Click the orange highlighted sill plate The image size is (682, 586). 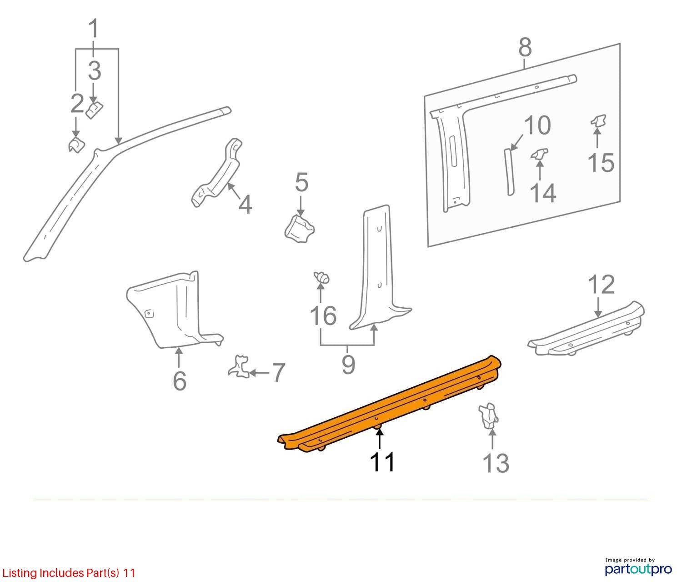pyautogui.click(x=389, y=404)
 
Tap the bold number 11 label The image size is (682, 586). pyautogui.click(x=382, y=462)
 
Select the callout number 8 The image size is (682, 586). pyautogui.click(x=525, y=47)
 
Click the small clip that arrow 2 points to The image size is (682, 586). pyautogui.click(x=76, y=145)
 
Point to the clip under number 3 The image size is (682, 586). pyautogui.click(x=94, y=109)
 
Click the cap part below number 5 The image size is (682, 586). pyautogui.click(x=299, y=229)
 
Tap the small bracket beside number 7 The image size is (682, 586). pyautogui.click(x=239, y=366)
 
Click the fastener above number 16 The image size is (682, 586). pyautogui.click(x=321, y=277)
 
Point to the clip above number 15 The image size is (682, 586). pyautogui.click(x=598, y=121)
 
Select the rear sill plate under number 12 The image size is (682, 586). pyautogui.click(x=586, y=329)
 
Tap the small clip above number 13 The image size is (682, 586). pyautogui.click(x=488, y=416)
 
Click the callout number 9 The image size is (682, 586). pyautogui.click(x=348, y=365)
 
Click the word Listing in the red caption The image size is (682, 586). pyautogui.click(x=20, y=573)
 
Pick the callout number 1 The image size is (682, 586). pyautogui.click(x=95, y=29)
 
